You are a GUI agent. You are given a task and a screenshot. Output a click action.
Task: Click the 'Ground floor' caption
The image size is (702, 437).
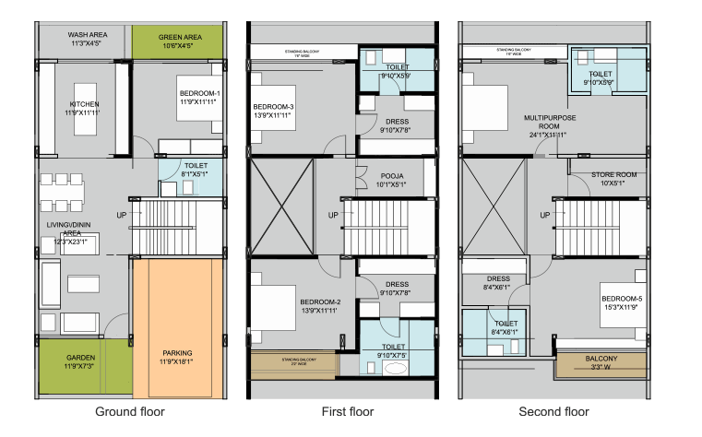click(130, 411)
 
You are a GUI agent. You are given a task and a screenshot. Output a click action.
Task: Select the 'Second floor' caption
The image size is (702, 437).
click(553, 411)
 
